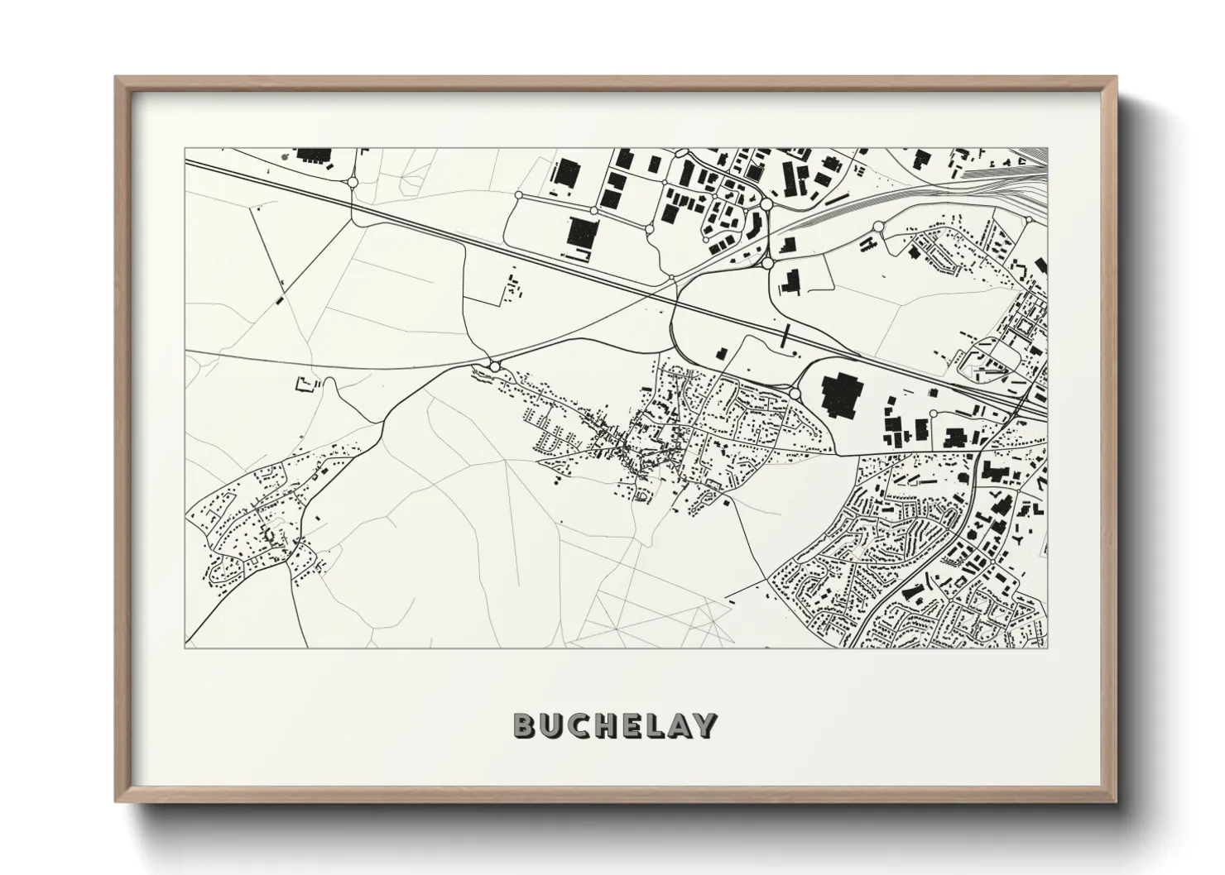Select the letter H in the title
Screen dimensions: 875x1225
point(601,725)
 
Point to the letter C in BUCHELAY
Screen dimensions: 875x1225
point(575,725)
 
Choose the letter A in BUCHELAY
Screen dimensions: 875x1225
point(677,725)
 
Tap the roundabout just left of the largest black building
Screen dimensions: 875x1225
point(795,394)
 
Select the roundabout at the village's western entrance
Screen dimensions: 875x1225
point(495,366)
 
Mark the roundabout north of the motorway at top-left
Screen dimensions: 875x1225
point(353,182)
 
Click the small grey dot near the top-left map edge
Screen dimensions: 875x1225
point(284,155)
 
